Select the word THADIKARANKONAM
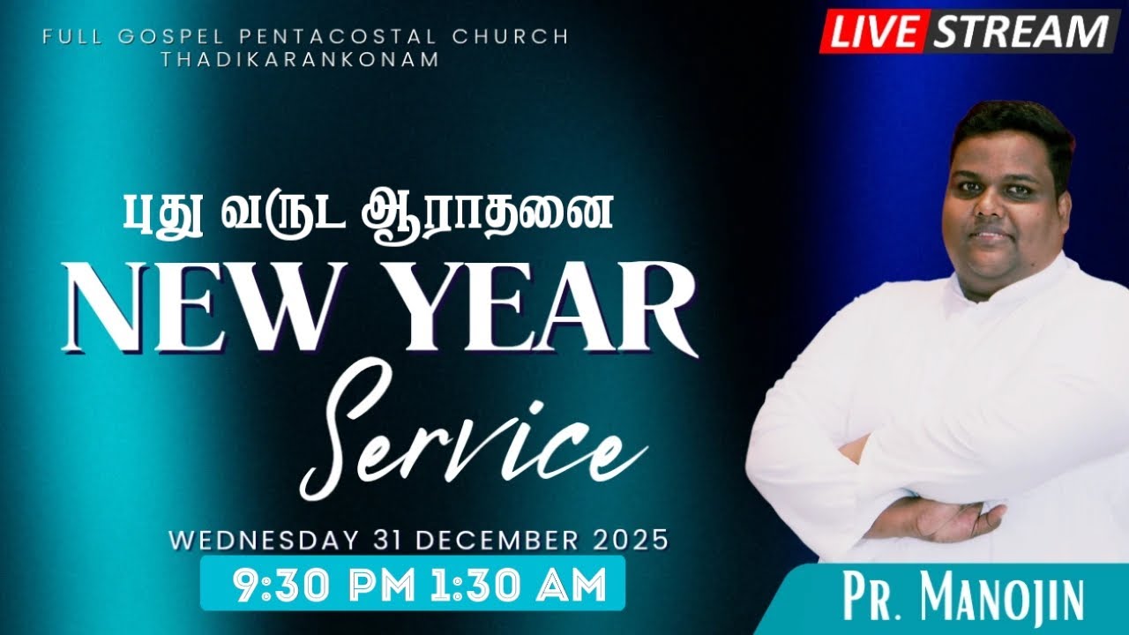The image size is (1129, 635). (x=300, y=59)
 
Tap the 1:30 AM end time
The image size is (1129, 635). (x=520, y=584)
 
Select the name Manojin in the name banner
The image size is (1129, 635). (x=1002, y=601)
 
